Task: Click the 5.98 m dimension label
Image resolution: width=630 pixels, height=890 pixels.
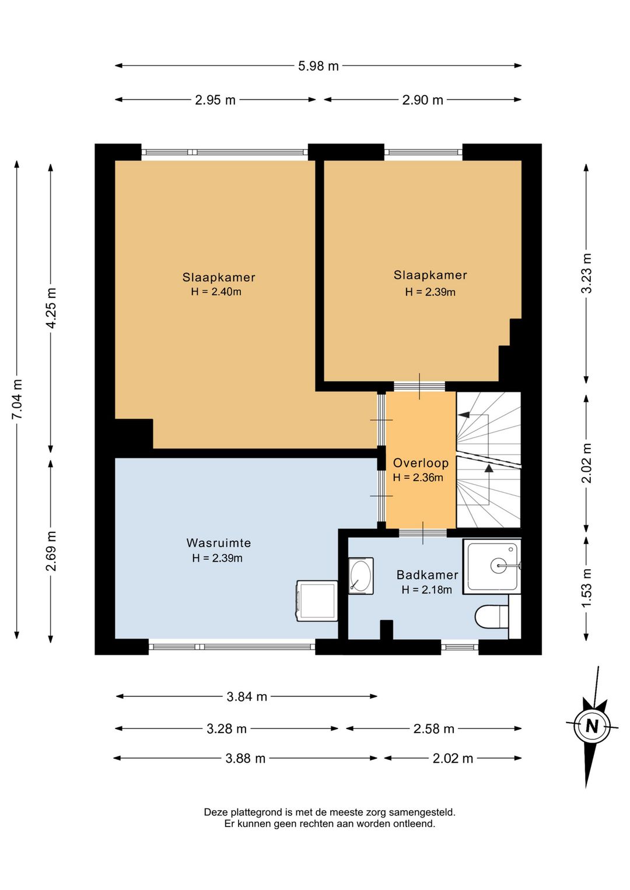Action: (x=318, y=66)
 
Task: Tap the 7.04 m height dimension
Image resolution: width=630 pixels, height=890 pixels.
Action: (x=17, y=399)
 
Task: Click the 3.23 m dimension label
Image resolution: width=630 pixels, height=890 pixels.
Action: (x=586, y=273)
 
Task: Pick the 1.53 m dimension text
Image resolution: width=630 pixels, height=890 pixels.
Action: (x=586, y=587)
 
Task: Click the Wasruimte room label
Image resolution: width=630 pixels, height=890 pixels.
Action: (x=219, y=542)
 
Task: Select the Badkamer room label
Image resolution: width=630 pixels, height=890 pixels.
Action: (x=427, y=574)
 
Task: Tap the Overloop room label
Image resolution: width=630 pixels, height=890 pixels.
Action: (x=421, y=463)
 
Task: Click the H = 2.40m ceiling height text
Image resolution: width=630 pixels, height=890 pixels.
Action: (x=216, y=292)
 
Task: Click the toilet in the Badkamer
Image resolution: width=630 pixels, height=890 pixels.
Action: (x=492, y=616)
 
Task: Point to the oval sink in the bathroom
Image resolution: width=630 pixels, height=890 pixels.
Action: (x=360, y=576)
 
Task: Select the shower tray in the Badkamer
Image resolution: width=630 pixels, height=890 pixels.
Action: (x=492, y=566)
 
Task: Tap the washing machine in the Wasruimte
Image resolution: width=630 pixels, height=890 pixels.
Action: (x=317, y=600)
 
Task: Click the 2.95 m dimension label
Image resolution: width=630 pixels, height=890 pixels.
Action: (x=215, y=100)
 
